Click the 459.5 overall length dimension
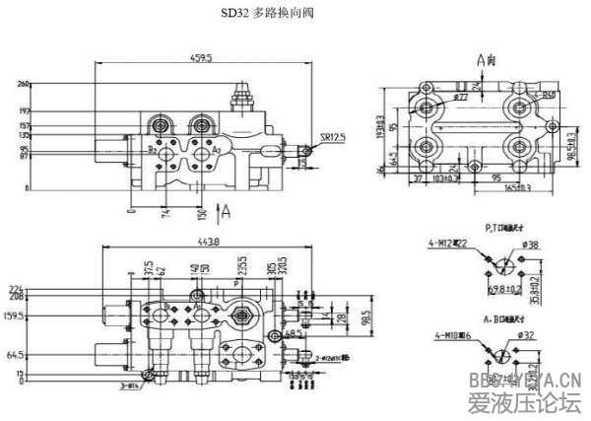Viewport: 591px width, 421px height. (x=202, y=59)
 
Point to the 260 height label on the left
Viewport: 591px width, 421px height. (x=23, y=85)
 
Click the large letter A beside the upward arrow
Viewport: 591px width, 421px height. (x=227, y=209)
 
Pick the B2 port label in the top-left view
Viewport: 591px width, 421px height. (x=152, y=150)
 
